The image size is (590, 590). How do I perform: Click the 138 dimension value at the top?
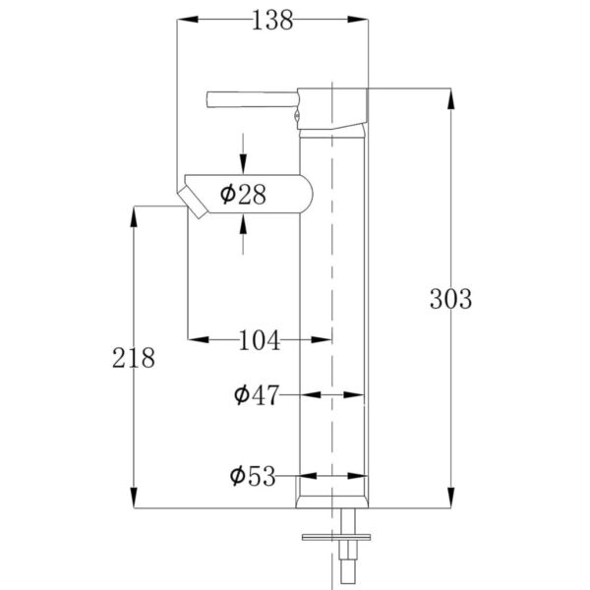click(x=272, y=21)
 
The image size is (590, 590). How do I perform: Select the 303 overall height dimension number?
click(x=451, y=297)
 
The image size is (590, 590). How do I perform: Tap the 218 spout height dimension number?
click(x=134, y=357)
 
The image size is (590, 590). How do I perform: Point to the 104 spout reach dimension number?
click(x=260, y=340)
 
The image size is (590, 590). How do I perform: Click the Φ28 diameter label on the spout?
click(x=244, y=194)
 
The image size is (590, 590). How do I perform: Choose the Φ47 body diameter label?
click(x=257, y=395)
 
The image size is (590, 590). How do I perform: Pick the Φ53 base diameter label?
click(x=254, y=477)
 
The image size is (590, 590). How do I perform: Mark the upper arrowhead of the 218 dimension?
click(x=134, y=214)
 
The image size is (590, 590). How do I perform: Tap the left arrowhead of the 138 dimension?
click(x=186, y=21)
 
